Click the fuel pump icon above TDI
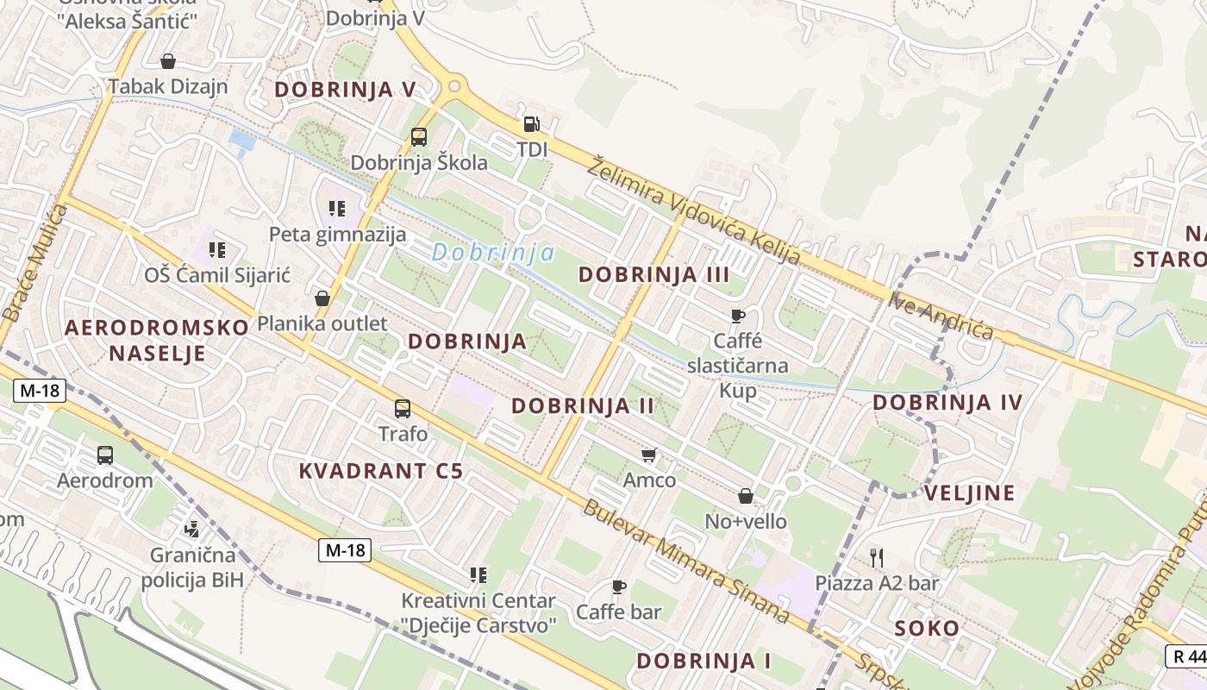point(531,124)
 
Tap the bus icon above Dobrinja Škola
point(419,137)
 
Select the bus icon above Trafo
point(403,408)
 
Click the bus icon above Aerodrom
point(105,455)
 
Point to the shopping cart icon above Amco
point(649,454)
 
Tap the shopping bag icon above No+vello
point(746,496)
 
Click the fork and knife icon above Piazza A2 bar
point(877,557)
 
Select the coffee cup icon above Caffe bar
point(618,586)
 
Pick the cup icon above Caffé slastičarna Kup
point(737,316)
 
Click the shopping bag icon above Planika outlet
point(322,298)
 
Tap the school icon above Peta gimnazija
point(337,208)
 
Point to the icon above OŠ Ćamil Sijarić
point(216,250)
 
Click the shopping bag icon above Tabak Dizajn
point(168,61)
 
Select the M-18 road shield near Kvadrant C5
point(345,550)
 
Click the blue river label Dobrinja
point(493,253)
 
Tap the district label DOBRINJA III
point(654,275)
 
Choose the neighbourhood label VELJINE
point(969,493)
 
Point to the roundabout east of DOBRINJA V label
point(453,86)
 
